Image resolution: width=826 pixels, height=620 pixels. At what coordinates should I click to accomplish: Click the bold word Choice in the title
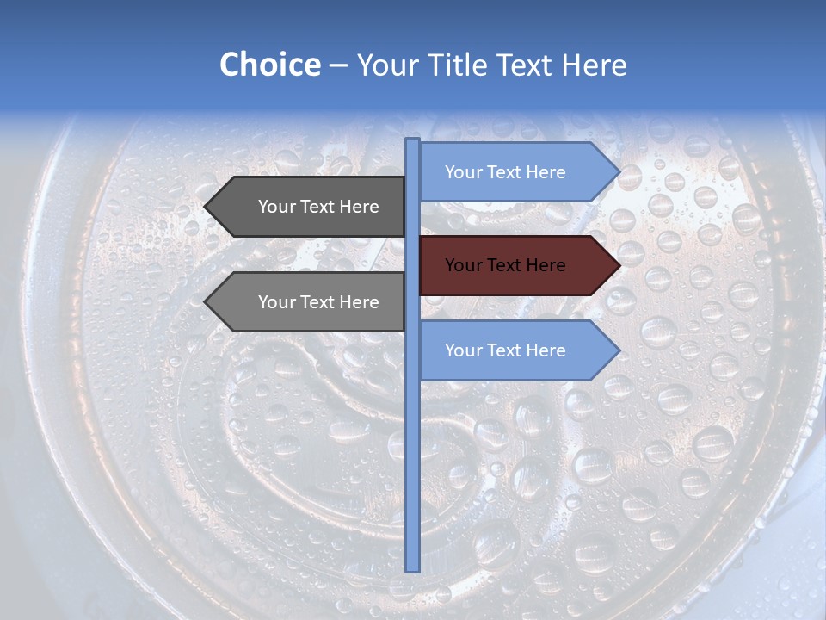point(269,65)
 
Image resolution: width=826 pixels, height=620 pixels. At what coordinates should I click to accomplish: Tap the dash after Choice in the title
point(338,66)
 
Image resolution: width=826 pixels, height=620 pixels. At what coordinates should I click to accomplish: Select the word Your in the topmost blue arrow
point(463,172)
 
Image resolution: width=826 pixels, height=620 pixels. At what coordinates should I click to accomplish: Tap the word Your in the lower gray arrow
point(276,302)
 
